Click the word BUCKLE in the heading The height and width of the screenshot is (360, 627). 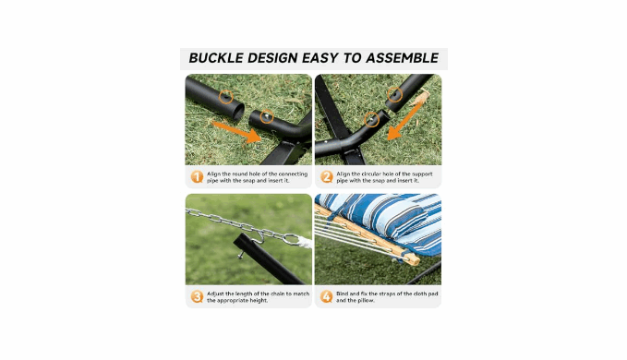click(216, 58)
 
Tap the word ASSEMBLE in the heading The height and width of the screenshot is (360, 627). click(403, 58)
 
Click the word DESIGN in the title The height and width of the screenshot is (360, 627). click(272, 58)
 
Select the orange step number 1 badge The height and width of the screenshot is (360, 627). click(197, 176)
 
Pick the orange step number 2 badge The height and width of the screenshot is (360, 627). click(326, 176)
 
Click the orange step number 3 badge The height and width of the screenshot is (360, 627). click(197, 296)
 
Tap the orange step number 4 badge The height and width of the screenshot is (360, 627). click(326, 296)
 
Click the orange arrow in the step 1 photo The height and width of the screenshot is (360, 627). click(236, 131)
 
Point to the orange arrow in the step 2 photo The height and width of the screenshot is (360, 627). click(406, 120)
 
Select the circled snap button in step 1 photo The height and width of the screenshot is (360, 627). click(267, 116)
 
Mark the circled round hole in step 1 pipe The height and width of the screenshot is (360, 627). click(226, 97)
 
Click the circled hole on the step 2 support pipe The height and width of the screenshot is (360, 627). click(394, 95)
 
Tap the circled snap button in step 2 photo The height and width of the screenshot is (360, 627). click(372, 119)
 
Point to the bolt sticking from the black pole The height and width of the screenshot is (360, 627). click(242, 255)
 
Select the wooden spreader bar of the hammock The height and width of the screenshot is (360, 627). click(368, 235)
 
